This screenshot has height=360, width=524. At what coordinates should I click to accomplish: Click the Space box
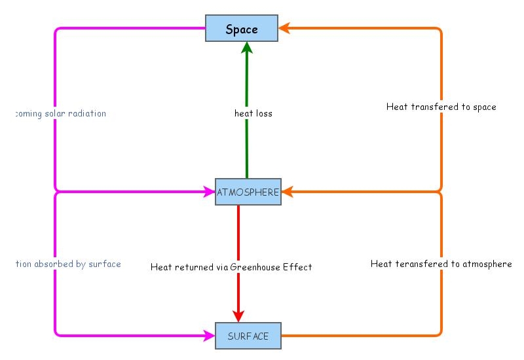[242, 29]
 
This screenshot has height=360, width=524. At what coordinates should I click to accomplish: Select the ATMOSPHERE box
[248, 192]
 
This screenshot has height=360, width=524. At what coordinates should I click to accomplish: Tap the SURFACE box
[248, 336]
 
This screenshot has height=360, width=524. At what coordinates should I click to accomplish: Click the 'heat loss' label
[253, 113]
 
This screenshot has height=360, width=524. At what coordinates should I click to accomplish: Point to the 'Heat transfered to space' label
[441, 107]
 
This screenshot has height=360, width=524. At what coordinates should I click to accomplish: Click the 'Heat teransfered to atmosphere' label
[441, 264]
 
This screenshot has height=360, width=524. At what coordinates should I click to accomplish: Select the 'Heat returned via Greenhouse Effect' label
[231, 267]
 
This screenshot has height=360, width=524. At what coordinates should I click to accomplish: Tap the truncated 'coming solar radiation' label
[60, 113]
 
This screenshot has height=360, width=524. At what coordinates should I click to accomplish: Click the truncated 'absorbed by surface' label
[69, 264]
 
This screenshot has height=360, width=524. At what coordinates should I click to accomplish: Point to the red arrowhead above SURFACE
[238, 315]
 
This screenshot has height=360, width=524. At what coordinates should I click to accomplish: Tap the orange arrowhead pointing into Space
[285, 28]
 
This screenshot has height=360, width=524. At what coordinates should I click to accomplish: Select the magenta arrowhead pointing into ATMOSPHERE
[210, 192]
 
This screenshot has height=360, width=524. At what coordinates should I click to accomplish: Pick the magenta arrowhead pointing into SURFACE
[210, 336]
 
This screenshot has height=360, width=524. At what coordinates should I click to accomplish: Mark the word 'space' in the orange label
[484, 107]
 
